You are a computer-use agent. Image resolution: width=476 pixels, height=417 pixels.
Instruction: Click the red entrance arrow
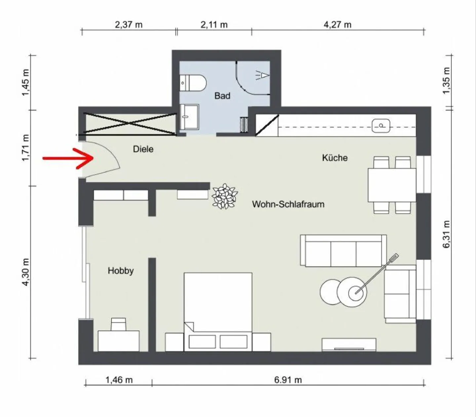[68, 158]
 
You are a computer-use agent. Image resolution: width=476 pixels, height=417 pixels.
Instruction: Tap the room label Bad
[222, 96]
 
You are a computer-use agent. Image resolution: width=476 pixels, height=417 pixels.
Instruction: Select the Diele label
[143, 149]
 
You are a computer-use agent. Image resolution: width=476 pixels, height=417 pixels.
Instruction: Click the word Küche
[335, 158]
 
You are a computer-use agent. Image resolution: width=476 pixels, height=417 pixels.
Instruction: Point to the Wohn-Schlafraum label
[288, 204]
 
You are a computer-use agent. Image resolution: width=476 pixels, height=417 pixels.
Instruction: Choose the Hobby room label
[121, 271]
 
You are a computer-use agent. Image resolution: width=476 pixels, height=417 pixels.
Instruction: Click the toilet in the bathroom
[193, 83]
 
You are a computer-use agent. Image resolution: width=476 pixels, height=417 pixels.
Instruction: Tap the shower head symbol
[262, 75]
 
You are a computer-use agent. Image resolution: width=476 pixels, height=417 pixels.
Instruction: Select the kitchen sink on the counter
[381, 126]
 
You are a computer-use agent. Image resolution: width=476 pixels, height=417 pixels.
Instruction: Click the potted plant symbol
[224, 196]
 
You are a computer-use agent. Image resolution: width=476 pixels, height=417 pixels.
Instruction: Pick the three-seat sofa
[343, 250]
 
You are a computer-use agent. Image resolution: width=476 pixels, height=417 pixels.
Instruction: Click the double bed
[218, 312]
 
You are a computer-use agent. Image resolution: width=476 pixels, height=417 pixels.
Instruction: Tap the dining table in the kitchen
[392, 185]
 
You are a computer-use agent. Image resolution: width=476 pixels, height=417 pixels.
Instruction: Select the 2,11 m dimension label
[214, 25]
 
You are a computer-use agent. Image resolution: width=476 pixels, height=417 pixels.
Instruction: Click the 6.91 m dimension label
[288, 380]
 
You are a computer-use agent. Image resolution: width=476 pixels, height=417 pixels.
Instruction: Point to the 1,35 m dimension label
[446, 81]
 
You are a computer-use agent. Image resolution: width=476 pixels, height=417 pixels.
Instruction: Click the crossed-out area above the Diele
[130, 124]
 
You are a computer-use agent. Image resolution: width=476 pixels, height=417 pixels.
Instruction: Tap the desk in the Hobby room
[119, 341]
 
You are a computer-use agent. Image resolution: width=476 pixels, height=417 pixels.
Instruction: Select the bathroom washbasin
[189, 117]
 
